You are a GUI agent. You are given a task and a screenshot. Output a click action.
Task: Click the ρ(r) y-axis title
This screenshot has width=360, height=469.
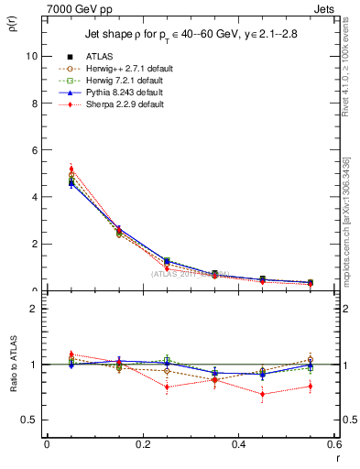click(16, 19)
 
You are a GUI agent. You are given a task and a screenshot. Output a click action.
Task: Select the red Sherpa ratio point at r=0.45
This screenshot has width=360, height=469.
click(262, 395)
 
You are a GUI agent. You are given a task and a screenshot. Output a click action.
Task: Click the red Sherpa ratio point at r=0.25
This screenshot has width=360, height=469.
click(167, 387)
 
